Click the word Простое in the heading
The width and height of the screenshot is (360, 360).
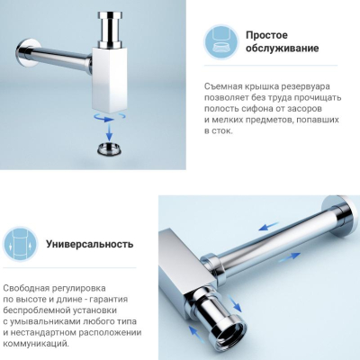(x=266, y=35)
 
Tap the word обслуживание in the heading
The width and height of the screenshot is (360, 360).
(x=283, y=49)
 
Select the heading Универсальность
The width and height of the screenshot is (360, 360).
(x=89, y=244)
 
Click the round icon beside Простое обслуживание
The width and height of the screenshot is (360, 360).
(x=221, y=41)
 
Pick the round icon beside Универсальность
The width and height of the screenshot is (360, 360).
(x=20, y=244)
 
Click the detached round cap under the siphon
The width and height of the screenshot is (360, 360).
(x=109, y=148)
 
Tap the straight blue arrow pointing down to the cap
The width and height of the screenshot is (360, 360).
(x=109, y=131)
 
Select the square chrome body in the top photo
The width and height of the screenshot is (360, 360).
(x=110, y=79)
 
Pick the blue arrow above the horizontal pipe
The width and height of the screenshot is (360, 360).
(x=268, y=226)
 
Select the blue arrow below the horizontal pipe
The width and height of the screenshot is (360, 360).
(x=289, y=257)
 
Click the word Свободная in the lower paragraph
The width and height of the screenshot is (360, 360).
(x=26, y=288)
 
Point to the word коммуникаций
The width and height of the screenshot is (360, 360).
(x=36, y=344)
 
